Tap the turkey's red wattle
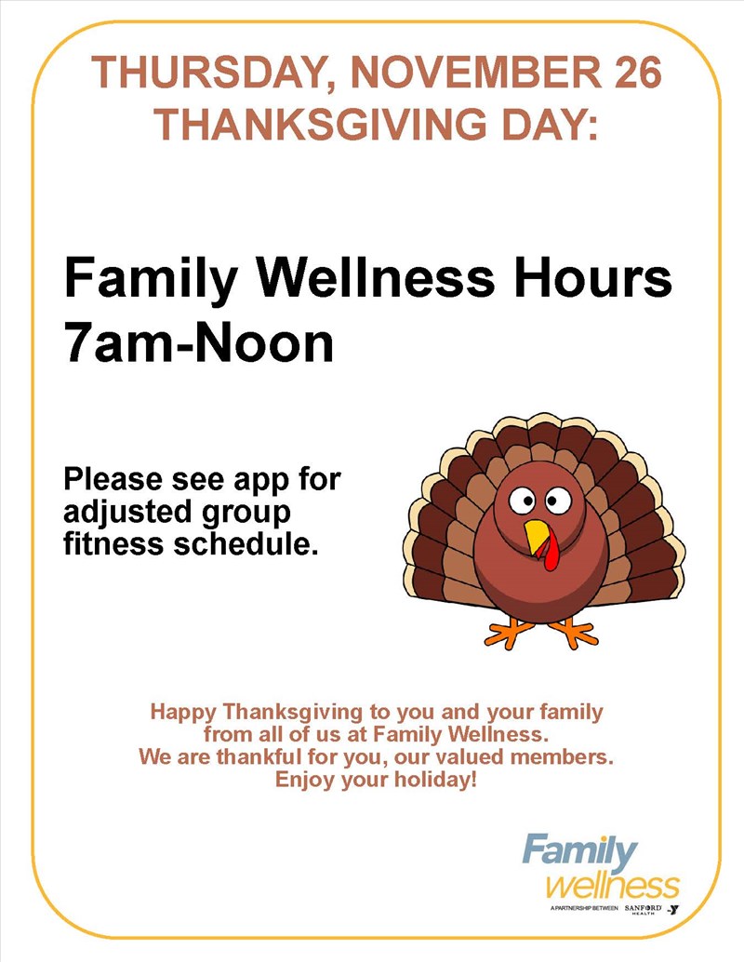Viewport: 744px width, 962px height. tap(551, 551)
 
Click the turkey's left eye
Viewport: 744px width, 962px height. tap(522, 500)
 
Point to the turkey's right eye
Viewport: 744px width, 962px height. tap(558, 500)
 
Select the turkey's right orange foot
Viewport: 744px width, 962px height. tap(572, 633)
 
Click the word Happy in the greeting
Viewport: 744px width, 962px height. tap(183, 713)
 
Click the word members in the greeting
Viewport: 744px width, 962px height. tap(562, 757)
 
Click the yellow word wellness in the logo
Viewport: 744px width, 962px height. tap(612, 886)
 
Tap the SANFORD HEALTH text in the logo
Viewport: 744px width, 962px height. tap(644, 909)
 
